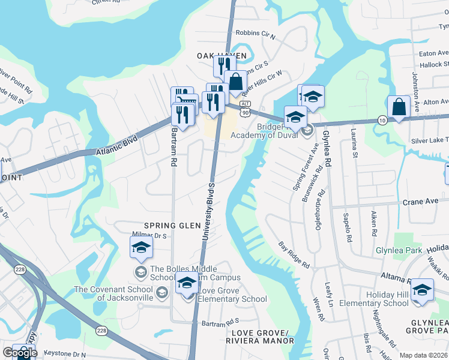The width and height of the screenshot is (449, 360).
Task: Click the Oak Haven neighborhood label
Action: point(221,55)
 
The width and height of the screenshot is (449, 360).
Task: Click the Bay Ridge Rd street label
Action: point(294,256)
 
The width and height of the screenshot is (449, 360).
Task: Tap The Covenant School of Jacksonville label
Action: point(114,293)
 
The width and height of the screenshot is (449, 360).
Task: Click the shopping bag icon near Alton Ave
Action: point(398,107)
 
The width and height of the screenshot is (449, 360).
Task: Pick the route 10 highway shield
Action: point(382,120)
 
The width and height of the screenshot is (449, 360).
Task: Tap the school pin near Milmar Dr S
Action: point(142,247)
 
